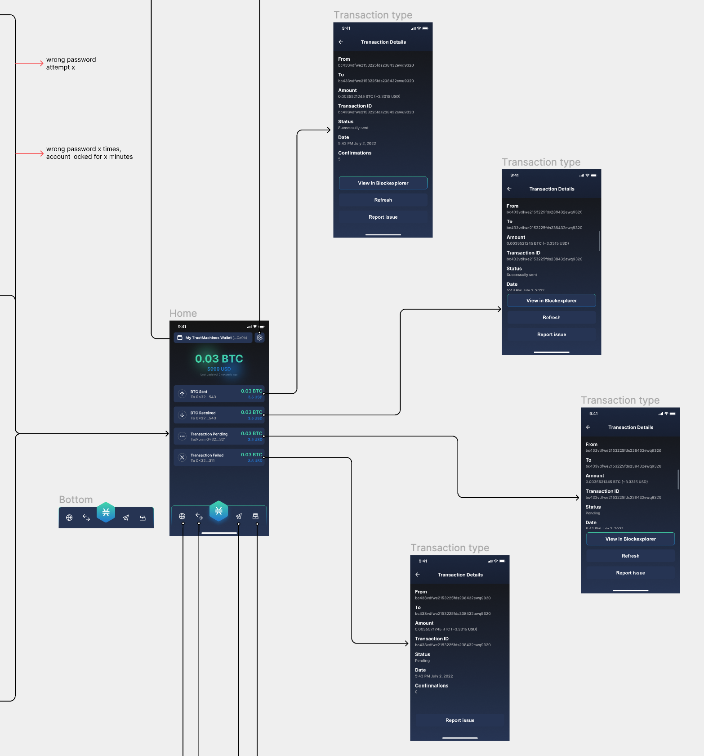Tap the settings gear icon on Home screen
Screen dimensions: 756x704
click(259, 337)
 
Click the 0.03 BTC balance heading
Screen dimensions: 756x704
click(219, 359)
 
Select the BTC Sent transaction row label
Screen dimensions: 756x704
click(199, 391)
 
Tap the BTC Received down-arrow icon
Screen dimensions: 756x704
click(182, 415)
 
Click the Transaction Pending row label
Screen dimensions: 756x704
click(209, 434)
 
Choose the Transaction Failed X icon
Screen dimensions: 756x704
click(182, 457)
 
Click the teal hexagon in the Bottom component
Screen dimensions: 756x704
click(106, 512)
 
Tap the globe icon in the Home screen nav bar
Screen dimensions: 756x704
click(182, 516)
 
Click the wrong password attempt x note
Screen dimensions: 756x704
click(71, 63)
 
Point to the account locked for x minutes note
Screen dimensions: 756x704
click(89, 153)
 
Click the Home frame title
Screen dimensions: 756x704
click(183, 313)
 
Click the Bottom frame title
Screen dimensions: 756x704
click(76, 499)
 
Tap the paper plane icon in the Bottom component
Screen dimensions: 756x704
click(126, 518)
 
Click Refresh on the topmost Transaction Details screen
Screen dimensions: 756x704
click(383, 200)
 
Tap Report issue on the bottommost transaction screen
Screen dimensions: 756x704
click(460, 720)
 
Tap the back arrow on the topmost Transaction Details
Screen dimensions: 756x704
click(341, 42)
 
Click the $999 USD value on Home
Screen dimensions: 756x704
click(219, 369)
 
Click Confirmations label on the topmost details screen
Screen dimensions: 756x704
click(355, 153)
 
